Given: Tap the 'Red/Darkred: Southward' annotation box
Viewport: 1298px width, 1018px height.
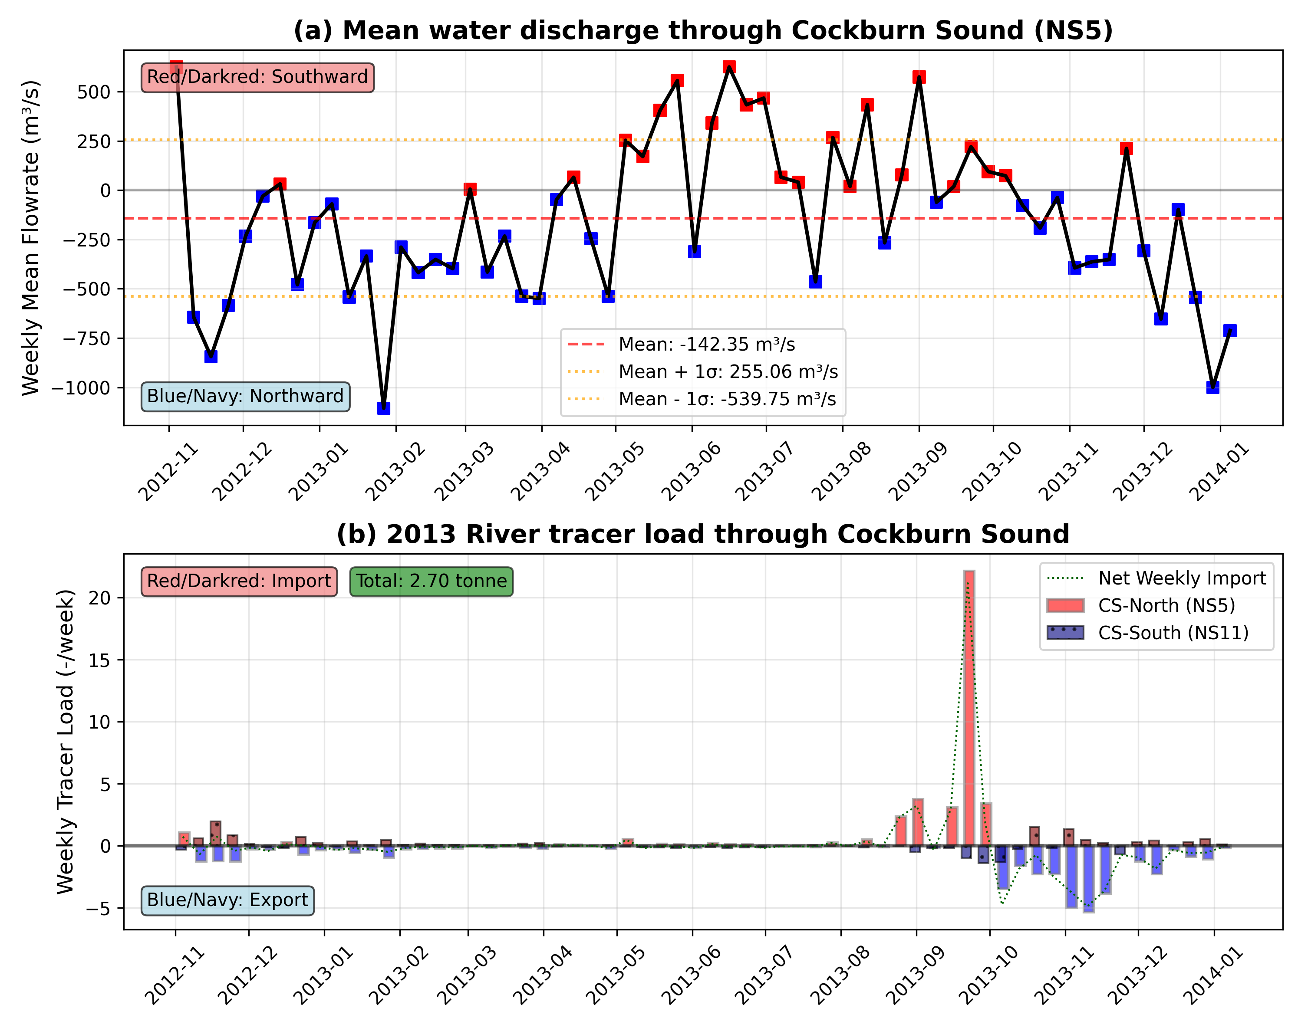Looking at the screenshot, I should pos(257,78).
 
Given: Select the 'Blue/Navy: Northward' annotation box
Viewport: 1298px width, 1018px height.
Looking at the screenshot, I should pos(245,396).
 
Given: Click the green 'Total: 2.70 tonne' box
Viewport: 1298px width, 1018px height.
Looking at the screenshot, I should pos(431,581).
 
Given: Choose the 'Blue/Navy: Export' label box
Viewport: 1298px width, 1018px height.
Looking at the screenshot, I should pos(227,900).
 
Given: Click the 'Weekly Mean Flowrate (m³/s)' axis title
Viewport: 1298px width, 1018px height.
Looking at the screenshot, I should pos(31,238).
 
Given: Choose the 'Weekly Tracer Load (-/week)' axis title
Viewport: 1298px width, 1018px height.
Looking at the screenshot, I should pos(65,742).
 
